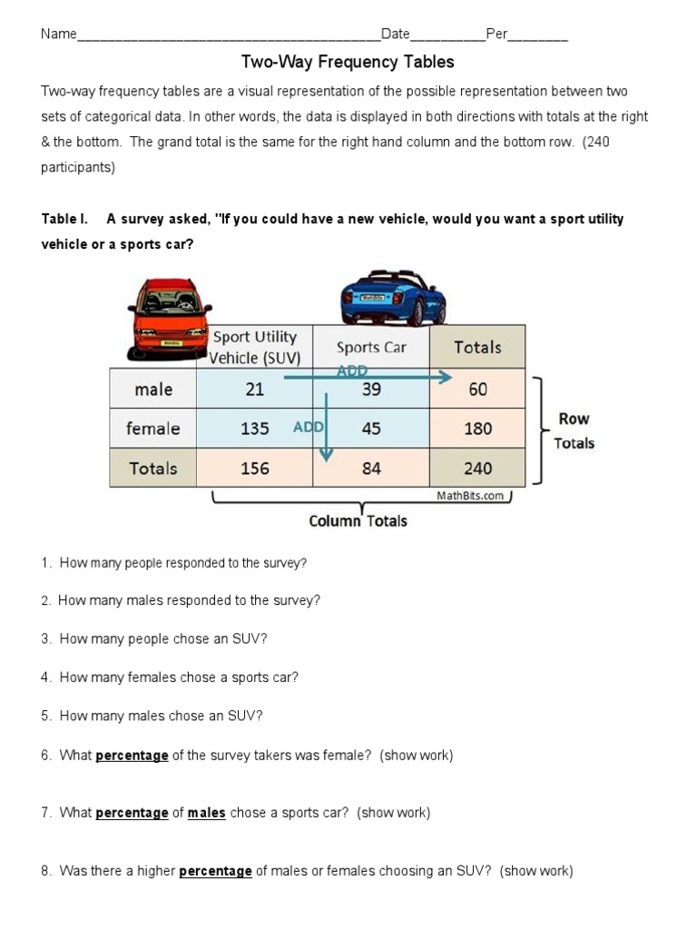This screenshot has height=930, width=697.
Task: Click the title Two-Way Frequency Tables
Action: (348, 62)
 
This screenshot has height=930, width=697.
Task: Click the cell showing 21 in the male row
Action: (255, 389)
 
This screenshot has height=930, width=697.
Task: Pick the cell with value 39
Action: (371, 389)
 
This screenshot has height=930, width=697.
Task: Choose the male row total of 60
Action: (477, 389)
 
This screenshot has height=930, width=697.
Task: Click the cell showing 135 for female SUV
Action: (255, 429)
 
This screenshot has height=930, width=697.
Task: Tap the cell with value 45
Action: (371, 429)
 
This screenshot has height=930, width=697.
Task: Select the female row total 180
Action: (477, 429)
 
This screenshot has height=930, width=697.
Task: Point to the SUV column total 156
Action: (255, 469)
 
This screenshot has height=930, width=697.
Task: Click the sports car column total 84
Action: (371, 469)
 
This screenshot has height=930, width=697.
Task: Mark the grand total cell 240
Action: (477, 469)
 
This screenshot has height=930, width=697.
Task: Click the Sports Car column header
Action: (371, 347)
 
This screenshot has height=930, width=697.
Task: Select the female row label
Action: (153, 429)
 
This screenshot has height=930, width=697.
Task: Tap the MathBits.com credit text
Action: (470, 496)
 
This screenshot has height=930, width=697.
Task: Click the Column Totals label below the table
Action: (358, 521)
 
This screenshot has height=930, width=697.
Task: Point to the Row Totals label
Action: (574, 431)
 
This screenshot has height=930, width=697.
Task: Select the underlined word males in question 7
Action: (207, 813)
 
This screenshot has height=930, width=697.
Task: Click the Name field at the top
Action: (227, 35)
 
